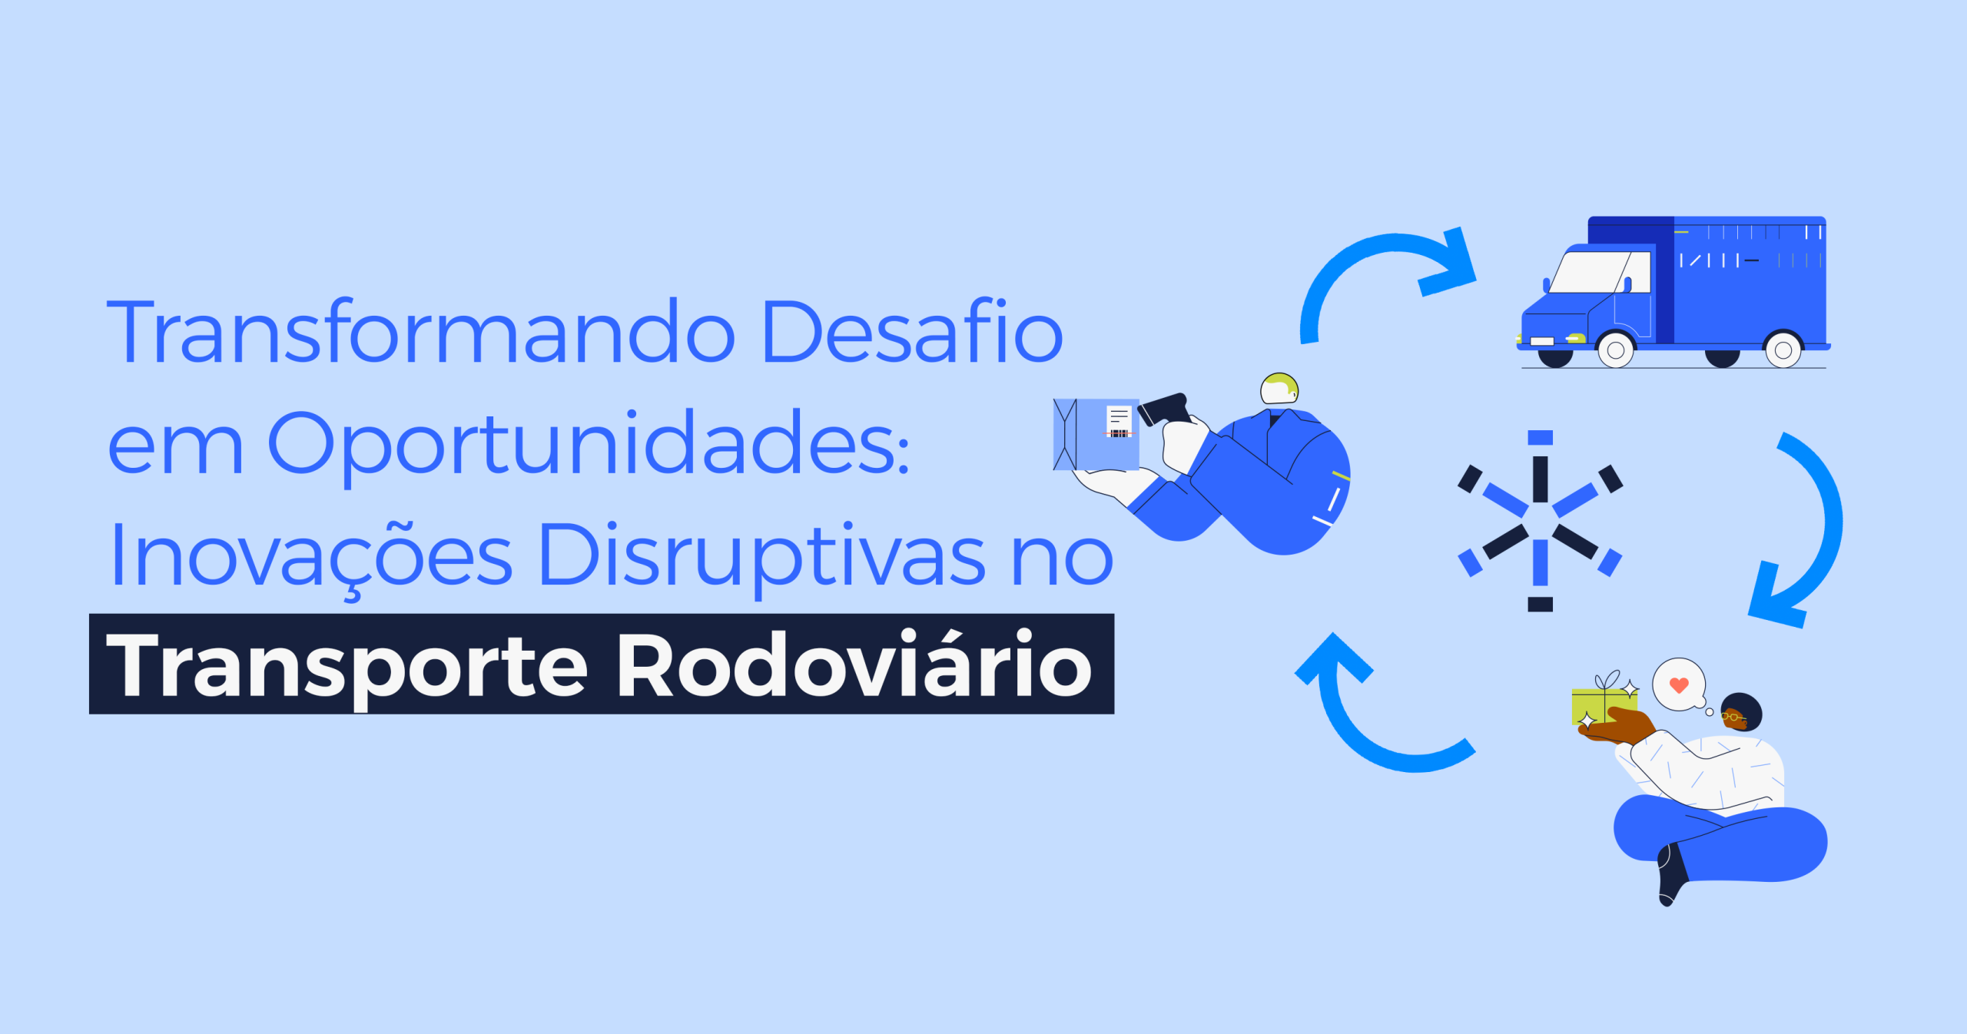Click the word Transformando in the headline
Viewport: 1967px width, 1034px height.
tap(421, 331)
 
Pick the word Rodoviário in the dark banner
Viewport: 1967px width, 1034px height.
tap(854, 664)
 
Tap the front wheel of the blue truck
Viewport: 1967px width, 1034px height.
tap(1616, 350)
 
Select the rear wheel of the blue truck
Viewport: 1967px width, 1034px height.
tap(1783, 350)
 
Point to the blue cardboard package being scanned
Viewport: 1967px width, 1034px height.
tap(1096, 434)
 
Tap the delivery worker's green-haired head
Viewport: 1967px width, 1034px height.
tap(1279, 389)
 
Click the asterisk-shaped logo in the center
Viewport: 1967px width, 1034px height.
tap(1541, 521)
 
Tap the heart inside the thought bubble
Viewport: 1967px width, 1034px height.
tap(1680, 684)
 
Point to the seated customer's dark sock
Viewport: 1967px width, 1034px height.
tap(1672, 875)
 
